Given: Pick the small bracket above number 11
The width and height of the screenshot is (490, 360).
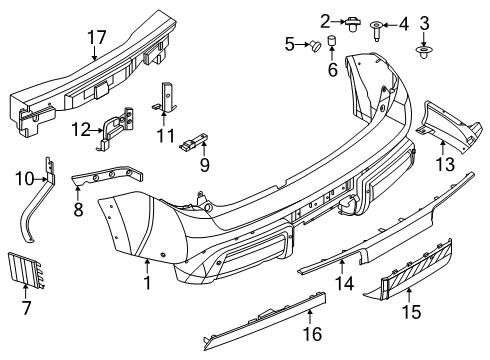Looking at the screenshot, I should pyautogui.click(x=166, y=99).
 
